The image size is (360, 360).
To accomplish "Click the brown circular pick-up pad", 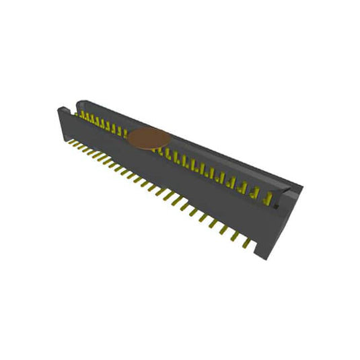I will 147,138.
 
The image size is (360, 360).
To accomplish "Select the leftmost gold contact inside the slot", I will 82,116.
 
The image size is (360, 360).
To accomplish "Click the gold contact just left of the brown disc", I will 124,132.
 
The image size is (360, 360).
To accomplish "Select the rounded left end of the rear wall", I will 79,104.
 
